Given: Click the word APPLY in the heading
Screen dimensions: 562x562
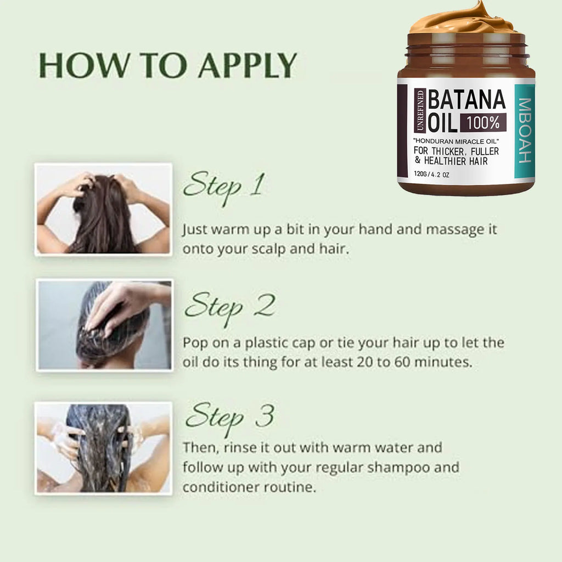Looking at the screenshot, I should click(248, 67).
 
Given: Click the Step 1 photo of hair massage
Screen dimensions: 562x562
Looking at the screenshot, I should click(103, 209).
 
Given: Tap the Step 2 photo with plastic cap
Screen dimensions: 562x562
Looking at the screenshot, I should click(104, 324).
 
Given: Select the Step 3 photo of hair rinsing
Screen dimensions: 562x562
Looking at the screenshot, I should click(103, 448).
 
